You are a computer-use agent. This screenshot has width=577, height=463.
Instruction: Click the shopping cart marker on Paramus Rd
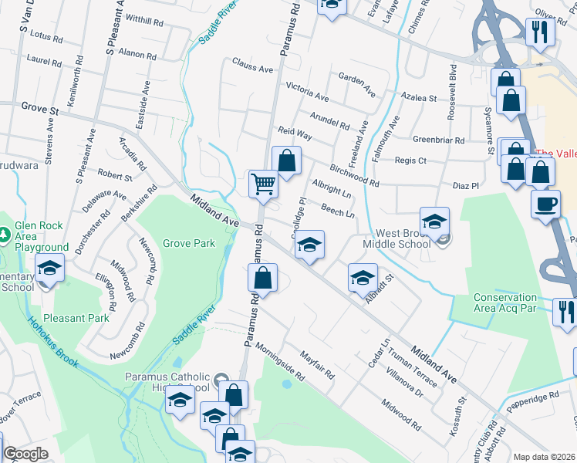(x=264, y=184)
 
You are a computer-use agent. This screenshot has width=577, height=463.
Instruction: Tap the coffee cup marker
(x=546, y=204)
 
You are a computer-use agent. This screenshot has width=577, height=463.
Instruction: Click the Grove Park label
(x=189, y=243)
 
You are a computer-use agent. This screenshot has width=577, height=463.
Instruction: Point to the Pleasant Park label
(x=76, y=317)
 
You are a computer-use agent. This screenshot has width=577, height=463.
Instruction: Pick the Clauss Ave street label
(x=252, y=68)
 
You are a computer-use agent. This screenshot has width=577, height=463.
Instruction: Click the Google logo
(x=25, y=454)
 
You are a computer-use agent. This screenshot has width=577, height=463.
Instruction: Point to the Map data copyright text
(x=545, y=457)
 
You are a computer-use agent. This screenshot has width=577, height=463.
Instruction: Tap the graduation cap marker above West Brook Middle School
(x=434, y=220)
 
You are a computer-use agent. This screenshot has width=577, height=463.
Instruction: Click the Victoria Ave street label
(x=307, y=93)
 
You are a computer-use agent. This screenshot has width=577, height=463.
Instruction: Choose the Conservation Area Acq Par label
(x=504, y=302)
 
